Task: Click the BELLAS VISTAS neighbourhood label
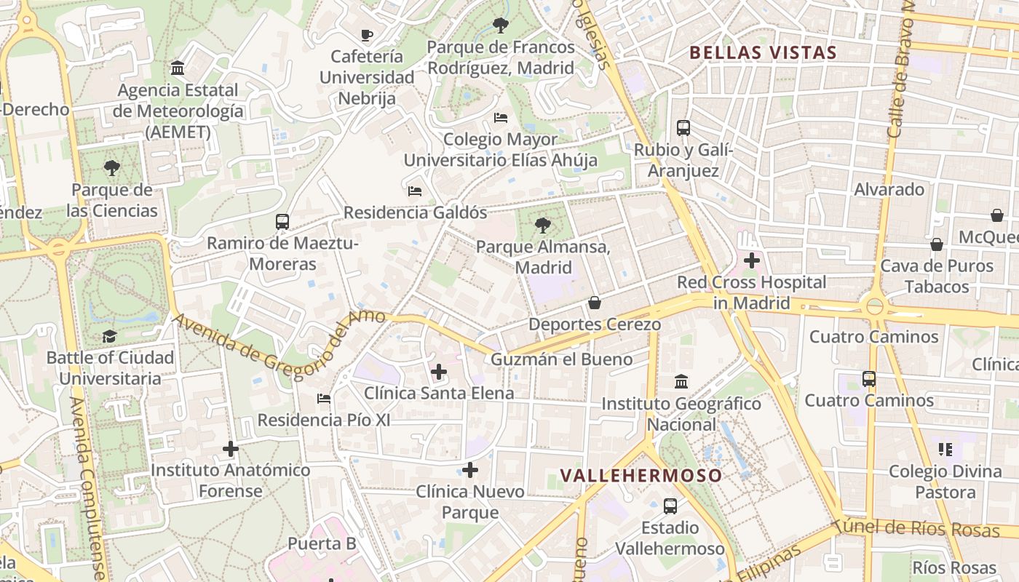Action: (x=763, y=52)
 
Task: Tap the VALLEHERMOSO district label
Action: (x=641, y=476)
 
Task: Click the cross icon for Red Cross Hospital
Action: (x=752, y=260)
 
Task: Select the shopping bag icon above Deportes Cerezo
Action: (x=595, y=303)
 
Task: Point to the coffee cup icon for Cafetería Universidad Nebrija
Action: (x=367, y=35)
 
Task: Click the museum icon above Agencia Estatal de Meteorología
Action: (x=177, y=68)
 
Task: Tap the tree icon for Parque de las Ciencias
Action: (x=112, y=169)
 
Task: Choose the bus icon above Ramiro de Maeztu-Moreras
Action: (x=282, y=222)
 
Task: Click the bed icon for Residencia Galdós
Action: (x=415, y=191)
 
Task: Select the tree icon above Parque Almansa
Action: (x=542, y=226)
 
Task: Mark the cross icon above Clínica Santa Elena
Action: (x=439, y=372)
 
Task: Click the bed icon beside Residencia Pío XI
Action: (x=324, y=399)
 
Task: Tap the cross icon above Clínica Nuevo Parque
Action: (x=470, y=470)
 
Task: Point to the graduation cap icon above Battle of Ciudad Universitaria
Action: (x=110, y=336)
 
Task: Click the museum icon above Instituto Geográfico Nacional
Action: (x=681, y=381)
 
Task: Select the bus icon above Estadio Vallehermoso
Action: (x=670, y=506)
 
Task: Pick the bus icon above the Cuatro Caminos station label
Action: (x=869, y=379)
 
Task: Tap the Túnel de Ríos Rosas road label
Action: (x=916, y=529)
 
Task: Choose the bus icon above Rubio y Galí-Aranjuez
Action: (x=683, y=128)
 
